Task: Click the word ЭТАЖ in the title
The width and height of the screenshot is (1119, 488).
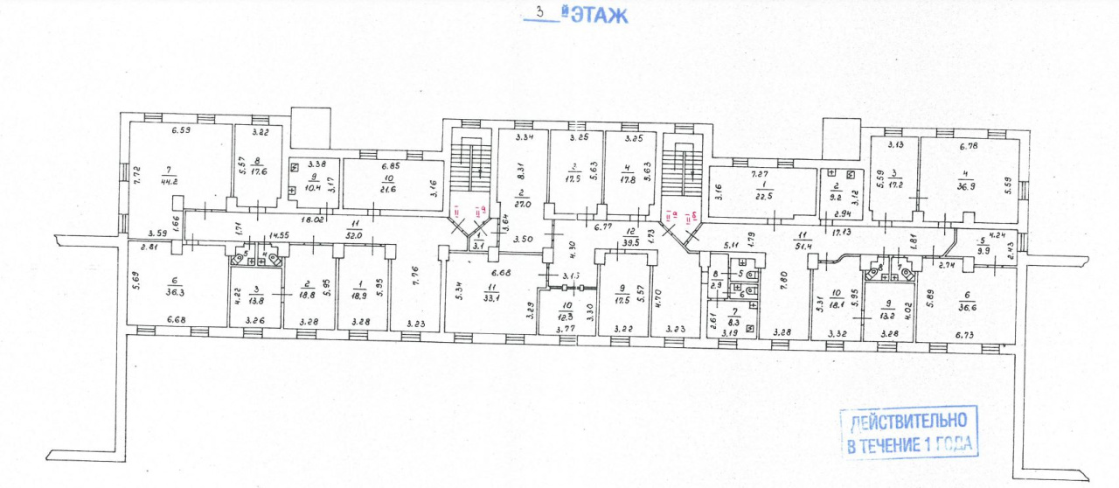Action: pos(600,15)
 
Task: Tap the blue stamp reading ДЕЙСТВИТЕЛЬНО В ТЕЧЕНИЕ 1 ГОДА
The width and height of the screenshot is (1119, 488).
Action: pos(907,433)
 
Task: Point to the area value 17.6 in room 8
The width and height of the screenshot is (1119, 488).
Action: pos(257,171)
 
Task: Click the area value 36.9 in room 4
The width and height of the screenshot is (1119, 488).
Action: pos(966,188)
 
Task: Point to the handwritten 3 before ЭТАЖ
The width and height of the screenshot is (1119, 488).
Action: pos(539,13)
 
